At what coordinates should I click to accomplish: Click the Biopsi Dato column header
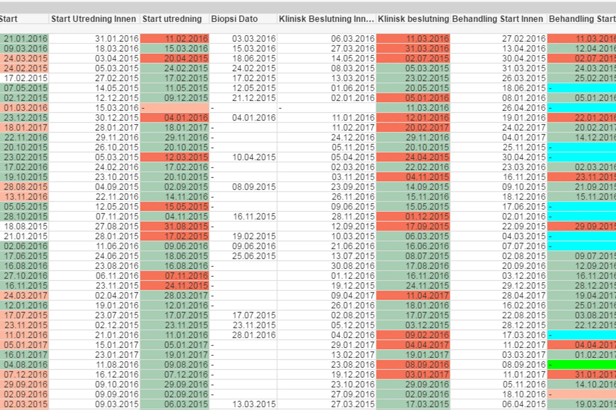coord(234,19)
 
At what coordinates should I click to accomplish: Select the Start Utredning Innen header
coord(93,19)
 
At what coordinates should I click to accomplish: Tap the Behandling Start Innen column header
coord(497,19)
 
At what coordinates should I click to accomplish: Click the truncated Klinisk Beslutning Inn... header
coord(326,19)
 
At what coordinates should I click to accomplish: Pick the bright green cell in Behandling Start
coord(581,365)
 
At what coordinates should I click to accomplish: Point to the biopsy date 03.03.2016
coord(254,39)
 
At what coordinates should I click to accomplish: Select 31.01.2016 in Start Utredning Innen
coord(117,39)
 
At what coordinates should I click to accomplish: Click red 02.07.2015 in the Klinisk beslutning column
coord(427,58)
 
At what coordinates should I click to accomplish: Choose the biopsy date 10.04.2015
coord(254,157)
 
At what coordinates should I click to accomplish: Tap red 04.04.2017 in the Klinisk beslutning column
coord(427,345)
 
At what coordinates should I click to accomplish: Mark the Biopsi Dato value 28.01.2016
coord(254,335)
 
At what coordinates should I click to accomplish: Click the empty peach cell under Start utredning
coord(175,108)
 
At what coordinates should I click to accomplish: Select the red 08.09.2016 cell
coord(427,365)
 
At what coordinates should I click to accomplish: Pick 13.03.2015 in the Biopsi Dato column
coord(254,404)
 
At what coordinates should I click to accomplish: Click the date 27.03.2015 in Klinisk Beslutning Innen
coord(353,404)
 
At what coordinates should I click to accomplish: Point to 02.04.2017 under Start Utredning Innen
coord(117,296)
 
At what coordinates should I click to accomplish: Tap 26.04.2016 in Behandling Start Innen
coord(523,108)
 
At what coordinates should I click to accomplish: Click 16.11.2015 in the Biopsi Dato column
coord(254,216)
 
